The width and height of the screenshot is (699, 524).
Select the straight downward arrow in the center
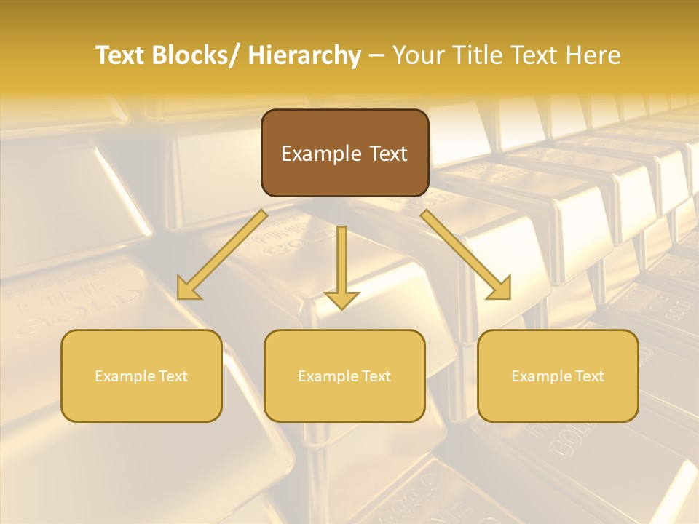click(x=341, y=262)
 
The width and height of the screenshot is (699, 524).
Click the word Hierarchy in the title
click(x=304, y=55)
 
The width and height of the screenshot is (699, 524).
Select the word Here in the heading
click(x=595, y=55)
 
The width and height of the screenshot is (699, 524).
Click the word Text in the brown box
click(x=387, y=154)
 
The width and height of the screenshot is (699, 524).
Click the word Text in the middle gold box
click(x=376, y=376)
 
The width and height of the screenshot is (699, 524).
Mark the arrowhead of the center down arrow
click(x=341, y=299)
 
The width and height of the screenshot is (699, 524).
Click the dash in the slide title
click(x=376, y=55)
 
